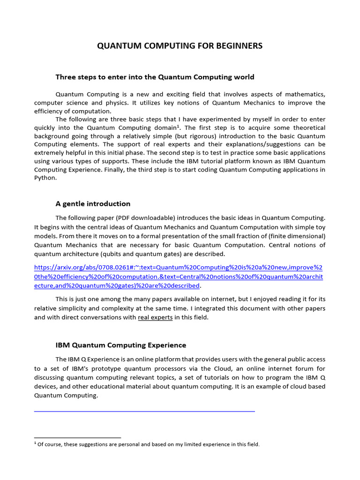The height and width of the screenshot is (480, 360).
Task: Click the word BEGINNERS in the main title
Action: click(x=236, y=45)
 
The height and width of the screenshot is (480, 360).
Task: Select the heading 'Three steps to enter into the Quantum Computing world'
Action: click(x=155, y=77)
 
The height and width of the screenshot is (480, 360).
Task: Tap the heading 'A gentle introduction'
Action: click(x=93, y=203)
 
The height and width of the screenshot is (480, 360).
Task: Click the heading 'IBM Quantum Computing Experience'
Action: click(x=120, y=345)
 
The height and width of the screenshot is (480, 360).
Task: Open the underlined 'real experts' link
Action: click(x=155, y=317)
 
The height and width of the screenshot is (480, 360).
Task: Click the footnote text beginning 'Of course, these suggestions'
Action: click(x=148, y=444)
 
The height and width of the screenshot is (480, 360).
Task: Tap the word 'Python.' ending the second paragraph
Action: click(x=45, y=178)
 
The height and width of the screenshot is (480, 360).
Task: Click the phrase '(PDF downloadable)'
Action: click(x=144, y=218)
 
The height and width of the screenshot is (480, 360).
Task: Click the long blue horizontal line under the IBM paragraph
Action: click(x=144, y=411)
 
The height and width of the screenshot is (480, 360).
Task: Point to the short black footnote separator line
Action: click(x=77, y=438)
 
